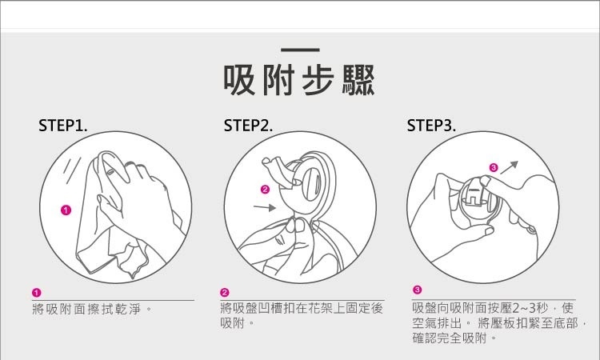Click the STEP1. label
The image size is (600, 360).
tap(62, 126)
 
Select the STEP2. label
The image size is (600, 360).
tap(248, 126)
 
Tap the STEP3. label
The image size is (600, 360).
tap(431, 126)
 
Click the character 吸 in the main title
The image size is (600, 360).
tap(239, 80)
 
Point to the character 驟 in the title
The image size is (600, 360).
tap(358, 80)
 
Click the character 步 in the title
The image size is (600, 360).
tap(318, 80)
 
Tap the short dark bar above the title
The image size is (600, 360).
tap(300, 50)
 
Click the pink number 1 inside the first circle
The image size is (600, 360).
tap(66, 210)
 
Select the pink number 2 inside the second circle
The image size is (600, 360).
tap(265, 190)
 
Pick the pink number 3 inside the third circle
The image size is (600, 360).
tap(494, 167)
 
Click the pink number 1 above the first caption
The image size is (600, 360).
tap(36, 293)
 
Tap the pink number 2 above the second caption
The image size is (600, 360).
tap(225, 293)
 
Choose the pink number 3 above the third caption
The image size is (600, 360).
tap(417, 290)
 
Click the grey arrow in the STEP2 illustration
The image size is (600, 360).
tap(265, 207)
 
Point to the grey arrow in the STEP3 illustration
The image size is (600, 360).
tap(509, 167)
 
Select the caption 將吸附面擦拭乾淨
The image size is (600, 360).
tap(87, 309)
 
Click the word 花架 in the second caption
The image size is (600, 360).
tap(320, 308)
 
